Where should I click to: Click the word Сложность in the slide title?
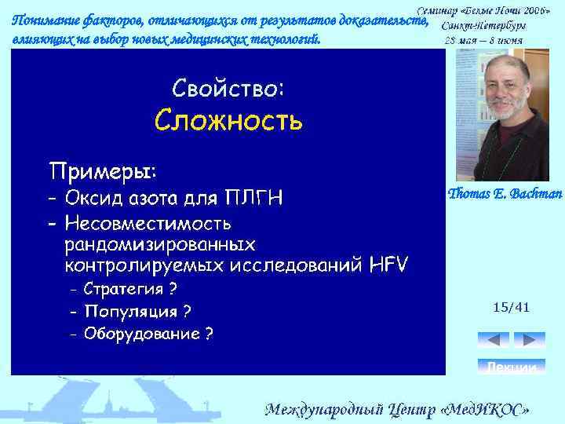(x=228, y=121)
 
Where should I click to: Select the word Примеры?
(x=103, y=170)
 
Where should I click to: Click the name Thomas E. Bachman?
(x=504, y=193)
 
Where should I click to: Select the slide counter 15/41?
(x=511, y=307)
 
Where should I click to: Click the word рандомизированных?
(x=159, y=243)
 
